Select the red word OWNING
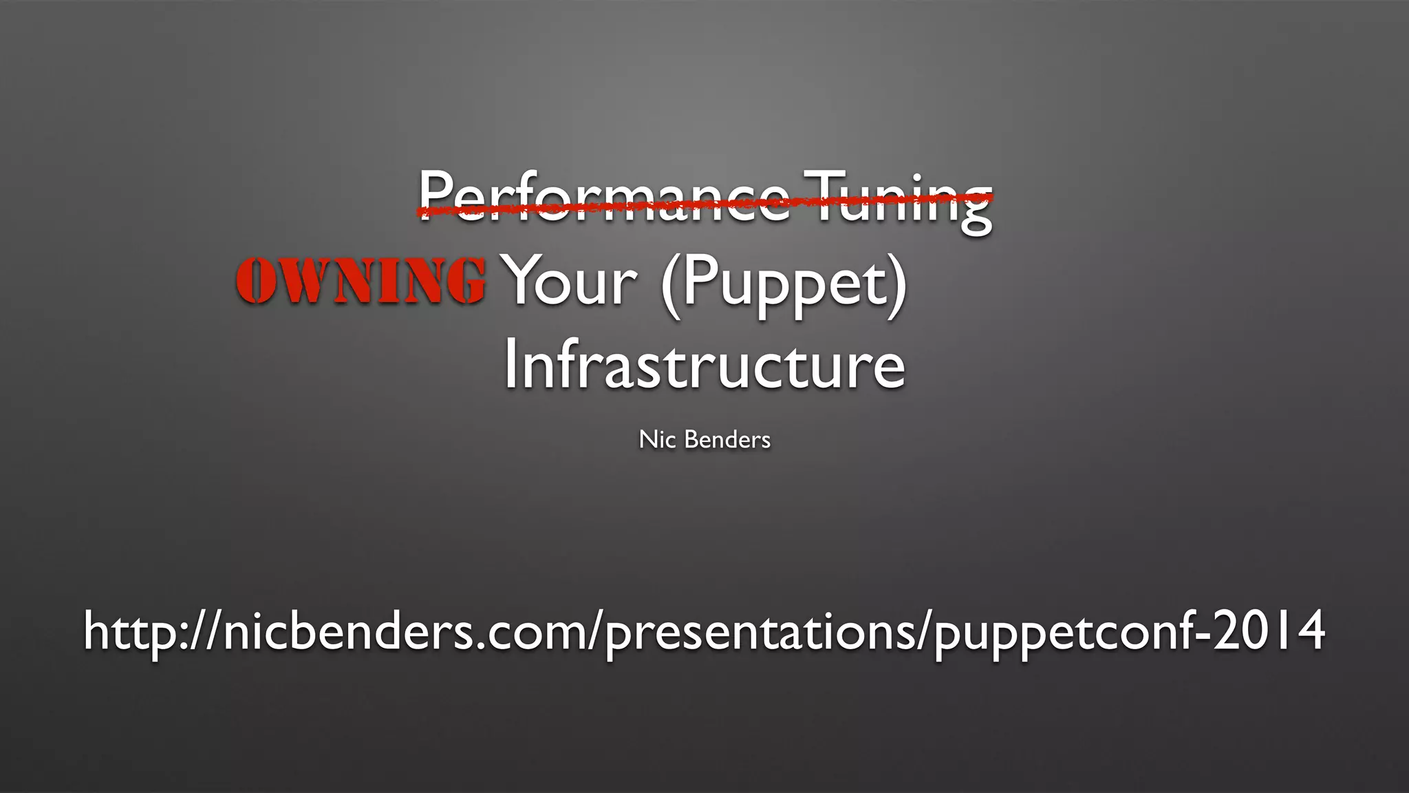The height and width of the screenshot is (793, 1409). coord(361,280)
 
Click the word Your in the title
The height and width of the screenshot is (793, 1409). coord(571,282)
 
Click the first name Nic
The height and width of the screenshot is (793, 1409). coord(656,439)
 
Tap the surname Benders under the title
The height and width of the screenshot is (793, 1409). coord(727,439)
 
